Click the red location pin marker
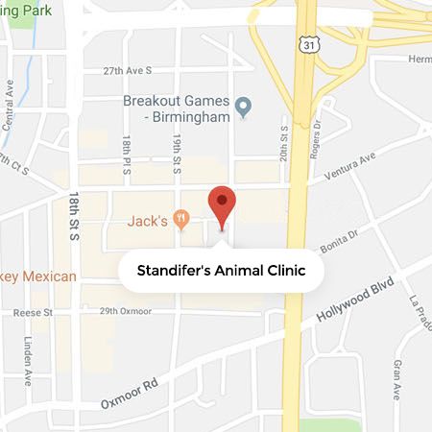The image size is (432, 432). [223, 204]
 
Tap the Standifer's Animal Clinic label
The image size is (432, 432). [221, 271]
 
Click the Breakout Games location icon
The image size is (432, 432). [244, 107]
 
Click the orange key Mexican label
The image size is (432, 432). [38, 276]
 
